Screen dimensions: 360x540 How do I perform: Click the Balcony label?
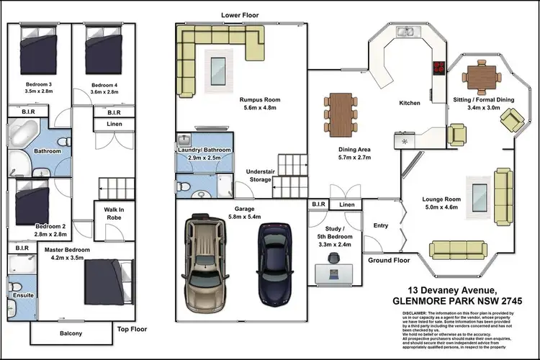71,333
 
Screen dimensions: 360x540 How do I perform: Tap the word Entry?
380,225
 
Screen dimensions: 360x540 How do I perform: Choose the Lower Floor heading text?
240,15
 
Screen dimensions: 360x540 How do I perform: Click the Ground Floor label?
389,260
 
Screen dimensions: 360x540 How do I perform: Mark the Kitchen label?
410,103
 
